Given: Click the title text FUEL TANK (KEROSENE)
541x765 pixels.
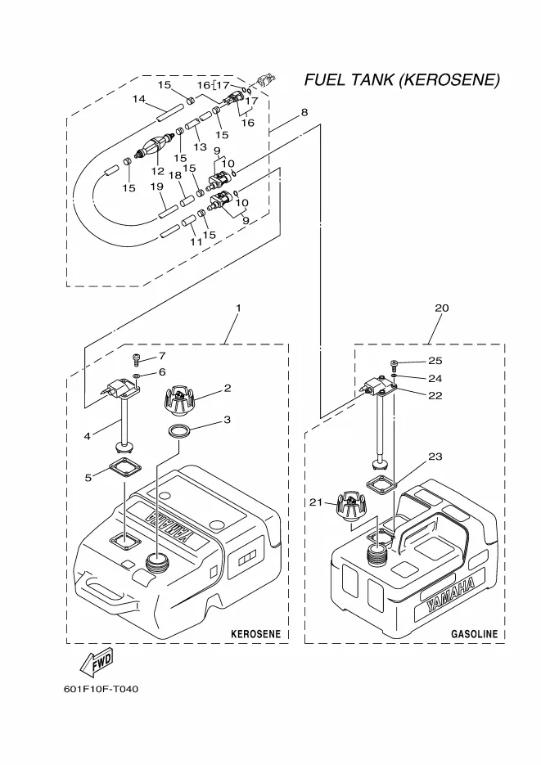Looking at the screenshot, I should (x=401, y=80).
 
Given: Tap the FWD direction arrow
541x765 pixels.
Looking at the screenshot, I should (x=97, y=660).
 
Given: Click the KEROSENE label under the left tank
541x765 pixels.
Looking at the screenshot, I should (x=255, y=633).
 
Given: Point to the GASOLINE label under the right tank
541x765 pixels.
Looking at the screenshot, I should (x=475, y=633).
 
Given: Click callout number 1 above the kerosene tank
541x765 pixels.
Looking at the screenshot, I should (x=238, y=308).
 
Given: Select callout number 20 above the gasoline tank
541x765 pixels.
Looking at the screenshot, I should (x=442, y=308).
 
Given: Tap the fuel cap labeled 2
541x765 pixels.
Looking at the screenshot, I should (x=180, y=400).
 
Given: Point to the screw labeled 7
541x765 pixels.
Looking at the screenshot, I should (x=136, y=358).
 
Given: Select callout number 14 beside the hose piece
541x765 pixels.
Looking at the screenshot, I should (x=139, y=99).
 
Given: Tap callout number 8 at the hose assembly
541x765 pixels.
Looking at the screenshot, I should (x=304, y=112).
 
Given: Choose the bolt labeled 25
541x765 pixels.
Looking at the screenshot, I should (x=394, y=362).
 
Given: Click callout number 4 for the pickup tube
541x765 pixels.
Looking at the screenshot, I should (x=87, y=435).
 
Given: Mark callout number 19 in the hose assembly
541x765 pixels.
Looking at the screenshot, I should (x=158, y=187).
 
